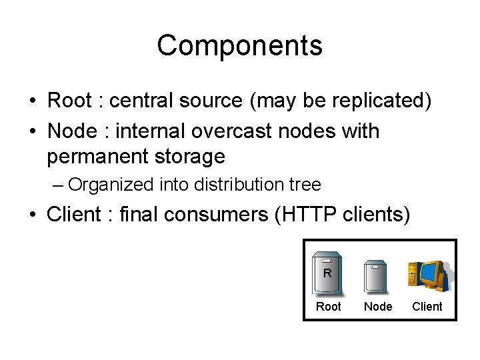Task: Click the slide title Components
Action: click(x=239, y=45)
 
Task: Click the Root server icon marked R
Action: click(x=328, y=273)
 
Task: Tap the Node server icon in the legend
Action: click(x=377, y=275)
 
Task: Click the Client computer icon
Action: click(x=427, y=275)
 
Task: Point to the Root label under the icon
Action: click(x=328, y=307)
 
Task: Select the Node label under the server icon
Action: click(x=378, y=307)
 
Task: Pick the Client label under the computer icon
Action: click(x=427, y=307)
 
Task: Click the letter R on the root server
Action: click(x=327, y=273)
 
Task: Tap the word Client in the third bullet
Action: click(x=73, y=215)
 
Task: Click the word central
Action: click(x=139, y=101)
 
